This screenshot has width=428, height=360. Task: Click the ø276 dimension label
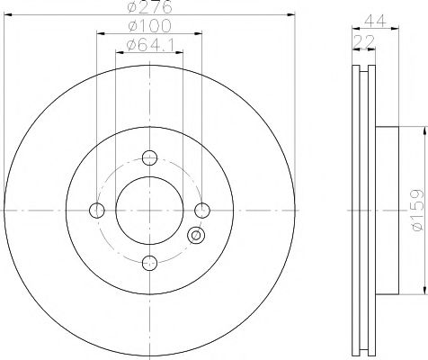click(x=149, y=7)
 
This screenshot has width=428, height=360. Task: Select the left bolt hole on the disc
click(x=96, y=211)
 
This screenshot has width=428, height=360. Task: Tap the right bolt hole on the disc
click(x=202, y=211)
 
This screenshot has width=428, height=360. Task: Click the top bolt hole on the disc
click(x=149, y=157)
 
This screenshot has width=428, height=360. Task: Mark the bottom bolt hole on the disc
click(x=149, y=263)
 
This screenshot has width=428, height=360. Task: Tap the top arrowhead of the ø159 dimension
click(x=421, y=130)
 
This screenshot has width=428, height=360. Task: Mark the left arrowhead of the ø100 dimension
click(x=98, y=33)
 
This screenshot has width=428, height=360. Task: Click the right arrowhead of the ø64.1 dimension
click(x=182, y=51)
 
